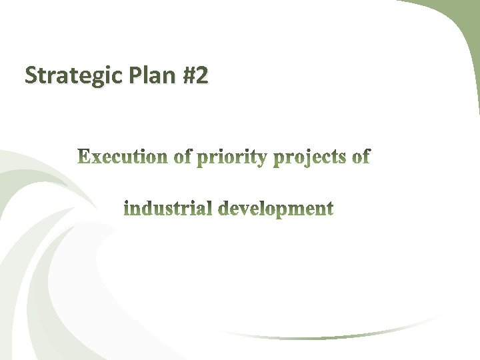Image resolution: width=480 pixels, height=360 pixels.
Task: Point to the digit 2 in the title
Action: coord(201,76)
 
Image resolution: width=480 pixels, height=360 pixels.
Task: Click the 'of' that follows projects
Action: coord(361,157)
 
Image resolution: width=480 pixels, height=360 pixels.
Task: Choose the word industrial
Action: coord(168,209)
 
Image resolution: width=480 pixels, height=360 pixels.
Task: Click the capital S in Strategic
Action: coord(30,76)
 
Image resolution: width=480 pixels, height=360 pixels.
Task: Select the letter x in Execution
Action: coord(95,159)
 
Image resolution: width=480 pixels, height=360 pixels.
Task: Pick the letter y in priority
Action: coord(263,160)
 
